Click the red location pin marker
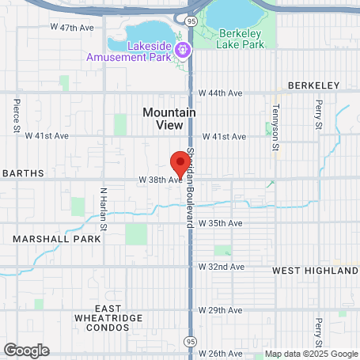pyautogui.click(x=181, y=161)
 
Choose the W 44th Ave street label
pyautogui.click(x=221, y=93)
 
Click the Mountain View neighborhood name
pyautogui.click(x=169, y=119)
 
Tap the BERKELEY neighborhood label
pyautogui.click(x=314, y=85)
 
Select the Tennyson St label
pyautogui.click(x=276, y=128)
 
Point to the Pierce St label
pyautogui.click(x=16, y=116)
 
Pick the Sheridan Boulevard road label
pyautogui.click(x=191, y=188)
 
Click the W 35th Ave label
pyautogui.click(x=221, y=224)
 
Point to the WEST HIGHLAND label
pyautogui.click(x=315, y=270)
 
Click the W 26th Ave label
pyautogui.click(x=221, y=353)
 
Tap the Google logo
pyautogui.click(x=26, y=350)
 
